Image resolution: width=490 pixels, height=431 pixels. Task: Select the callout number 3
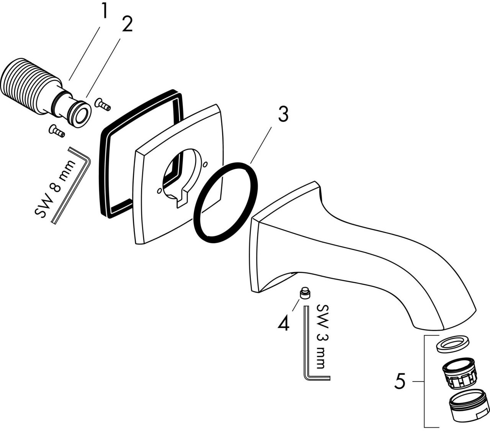pyautogui.click(x=283, y=114)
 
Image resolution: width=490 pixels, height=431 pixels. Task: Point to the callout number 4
pyautogui.click(x=283, y=324)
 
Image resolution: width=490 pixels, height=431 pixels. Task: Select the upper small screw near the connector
pyautogui.click(x=102, y=104)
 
